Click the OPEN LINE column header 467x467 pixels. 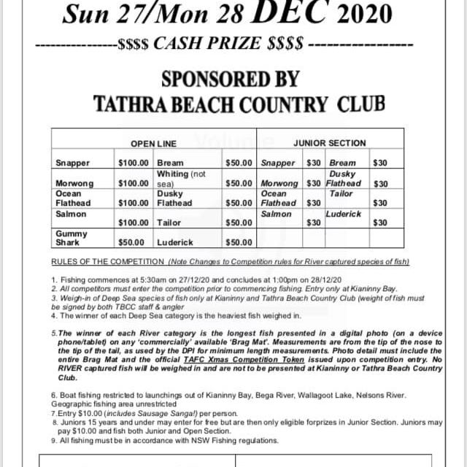pyautogui.click(x=153, y=144)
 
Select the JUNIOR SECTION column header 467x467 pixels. pyautogui.click(x=330, y=143)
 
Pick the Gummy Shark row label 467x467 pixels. pyautogui.click(x=71, y=238)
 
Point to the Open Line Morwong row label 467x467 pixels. pyautogui.click(x=75, y=183)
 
